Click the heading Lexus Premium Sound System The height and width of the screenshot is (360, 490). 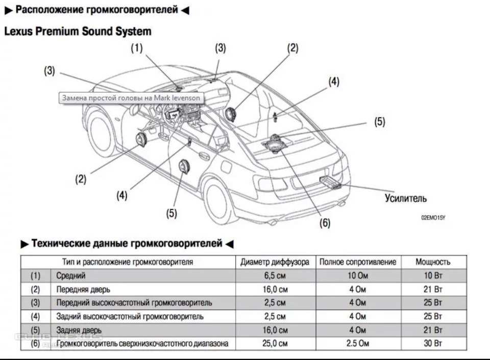(78, 32)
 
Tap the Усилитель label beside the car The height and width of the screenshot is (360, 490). (405, 198)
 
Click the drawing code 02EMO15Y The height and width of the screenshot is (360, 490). (433, 218)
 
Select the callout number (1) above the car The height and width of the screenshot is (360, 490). (136, 48)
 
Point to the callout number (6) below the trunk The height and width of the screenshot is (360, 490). (325, 223)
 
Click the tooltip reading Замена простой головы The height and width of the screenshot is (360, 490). (131, 98)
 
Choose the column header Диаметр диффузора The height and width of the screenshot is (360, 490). (275, 262)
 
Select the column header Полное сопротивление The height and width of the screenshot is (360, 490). (357, 262)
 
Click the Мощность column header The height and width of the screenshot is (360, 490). (433, 262)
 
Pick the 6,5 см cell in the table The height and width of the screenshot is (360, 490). (275, 276)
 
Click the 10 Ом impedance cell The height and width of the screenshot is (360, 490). (357, 276)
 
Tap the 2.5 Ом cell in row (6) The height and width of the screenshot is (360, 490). (357, 344)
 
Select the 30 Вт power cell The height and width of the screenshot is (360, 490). (433, 344)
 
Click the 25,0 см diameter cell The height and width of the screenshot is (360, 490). (275, 344)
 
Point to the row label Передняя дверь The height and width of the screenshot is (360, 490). (83, 290)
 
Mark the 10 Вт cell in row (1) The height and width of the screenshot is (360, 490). (433, 276)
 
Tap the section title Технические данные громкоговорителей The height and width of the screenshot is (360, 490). (127, 244)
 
